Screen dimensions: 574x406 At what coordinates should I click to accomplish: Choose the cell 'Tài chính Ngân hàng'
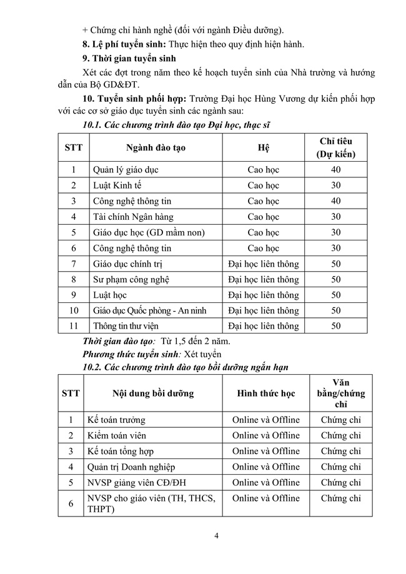pyautogui.click(x=130, y=217)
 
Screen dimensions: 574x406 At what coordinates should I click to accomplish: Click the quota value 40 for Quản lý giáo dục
pyautogui.click(x=335, y=169)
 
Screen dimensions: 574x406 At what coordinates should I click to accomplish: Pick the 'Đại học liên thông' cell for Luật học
pyautogui.click(x=263, y=295)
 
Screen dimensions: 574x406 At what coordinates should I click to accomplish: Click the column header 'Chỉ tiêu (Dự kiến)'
pyautogui.click(x=335, y=147)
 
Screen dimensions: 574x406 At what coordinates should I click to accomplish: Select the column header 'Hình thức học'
pyautogui.click(x=265, y=393)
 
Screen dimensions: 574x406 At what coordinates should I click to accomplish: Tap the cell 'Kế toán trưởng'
pyautogui.click(x=119, y=420)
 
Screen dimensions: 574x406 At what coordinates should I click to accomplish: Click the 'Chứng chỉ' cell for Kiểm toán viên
pyautogui.click(x=340, y=435)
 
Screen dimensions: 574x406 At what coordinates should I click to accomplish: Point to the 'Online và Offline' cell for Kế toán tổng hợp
pyautogui.click(x=265, y=451)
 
